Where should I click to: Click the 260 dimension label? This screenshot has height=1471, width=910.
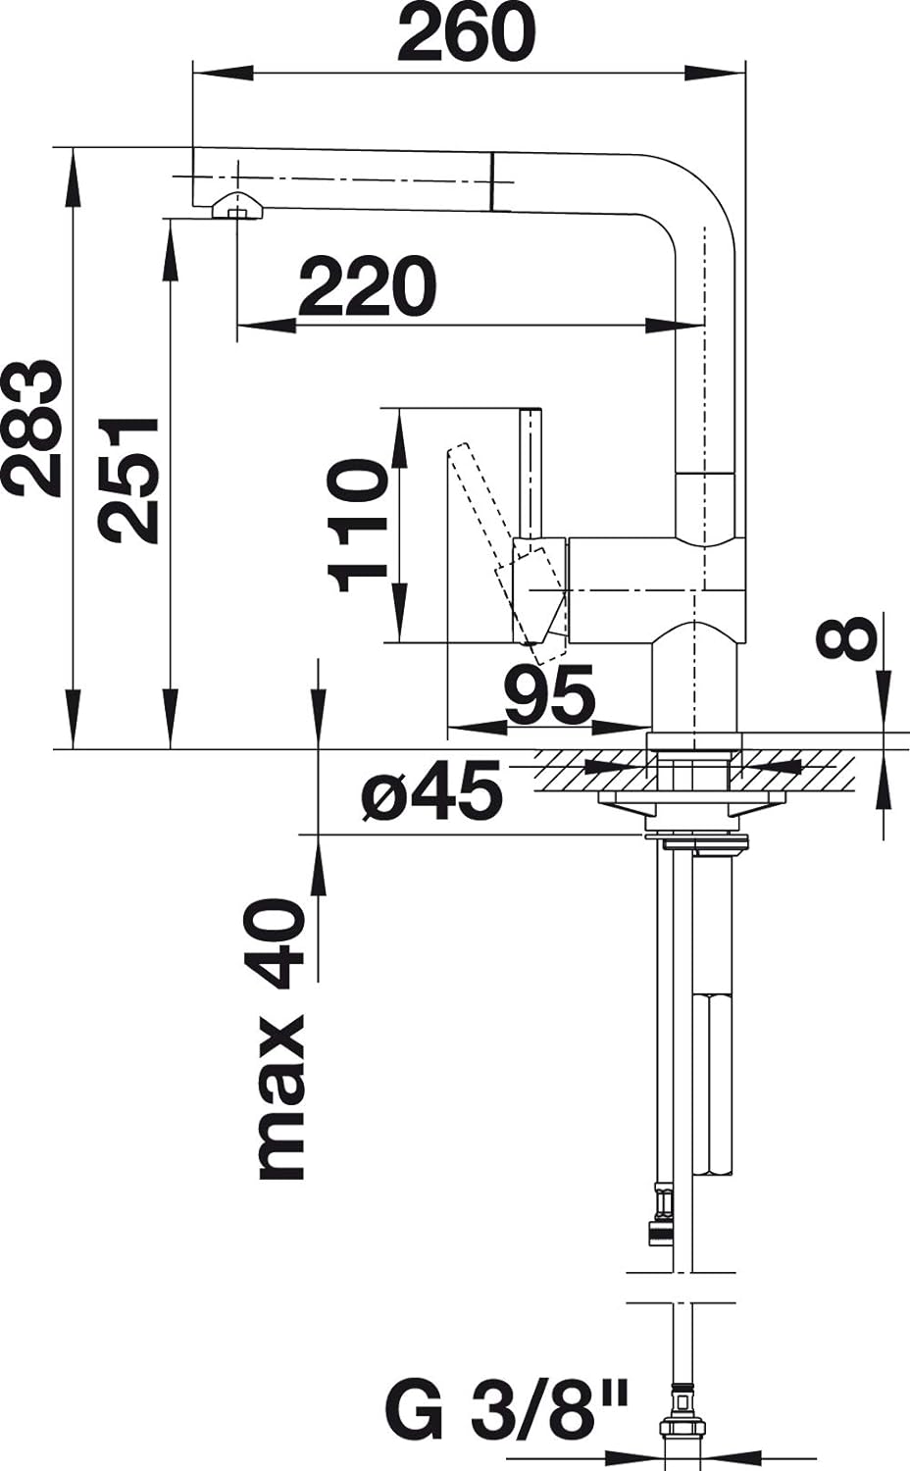465,32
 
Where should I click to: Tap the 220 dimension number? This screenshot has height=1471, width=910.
367,286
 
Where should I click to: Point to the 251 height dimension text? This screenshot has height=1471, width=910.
128,479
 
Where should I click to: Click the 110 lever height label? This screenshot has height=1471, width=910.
357,526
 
